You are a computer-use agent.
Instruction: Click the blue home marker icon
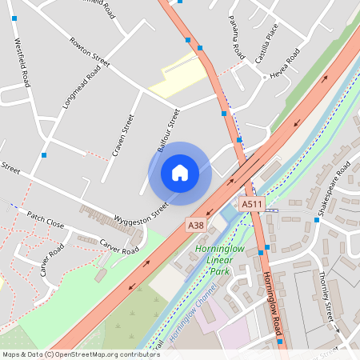click(179, 173)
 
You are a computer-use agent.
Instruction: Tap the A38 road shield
click(195, 226)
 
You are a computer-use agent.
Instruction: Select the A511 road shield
click(252, 206)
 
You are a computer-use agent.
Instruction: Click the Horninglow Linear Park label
click(218, 261)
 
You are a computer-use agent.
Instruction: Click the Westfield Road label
click(22, 63)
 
